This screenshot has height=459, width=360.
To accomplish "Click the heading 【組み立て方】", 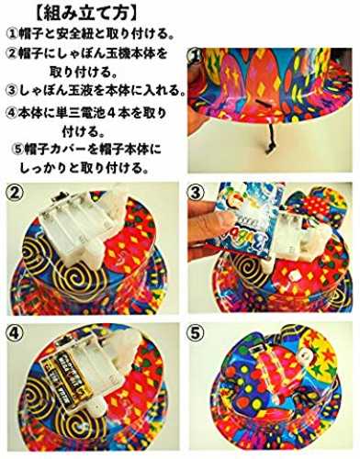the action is point(86,14).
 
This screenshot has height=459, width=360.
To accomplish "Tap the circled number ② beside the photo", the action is point(15,194).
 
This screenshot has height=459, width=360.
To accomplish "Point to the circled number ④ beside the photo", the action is point(15,333).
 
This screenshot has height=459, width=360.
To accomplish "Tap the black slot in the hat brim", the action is point(261,110).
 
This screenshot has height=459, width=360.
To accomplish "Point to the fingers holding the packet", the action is point(208,228).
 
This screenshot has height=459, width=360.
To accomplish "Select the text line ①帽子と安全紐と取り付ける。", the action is point(92,34).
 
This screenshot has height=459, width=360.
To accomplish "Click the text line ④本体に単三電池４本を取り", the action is point(86,114).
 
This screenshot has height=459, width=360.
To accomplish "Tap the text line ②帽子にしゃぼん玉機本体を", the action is point(87,53).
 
